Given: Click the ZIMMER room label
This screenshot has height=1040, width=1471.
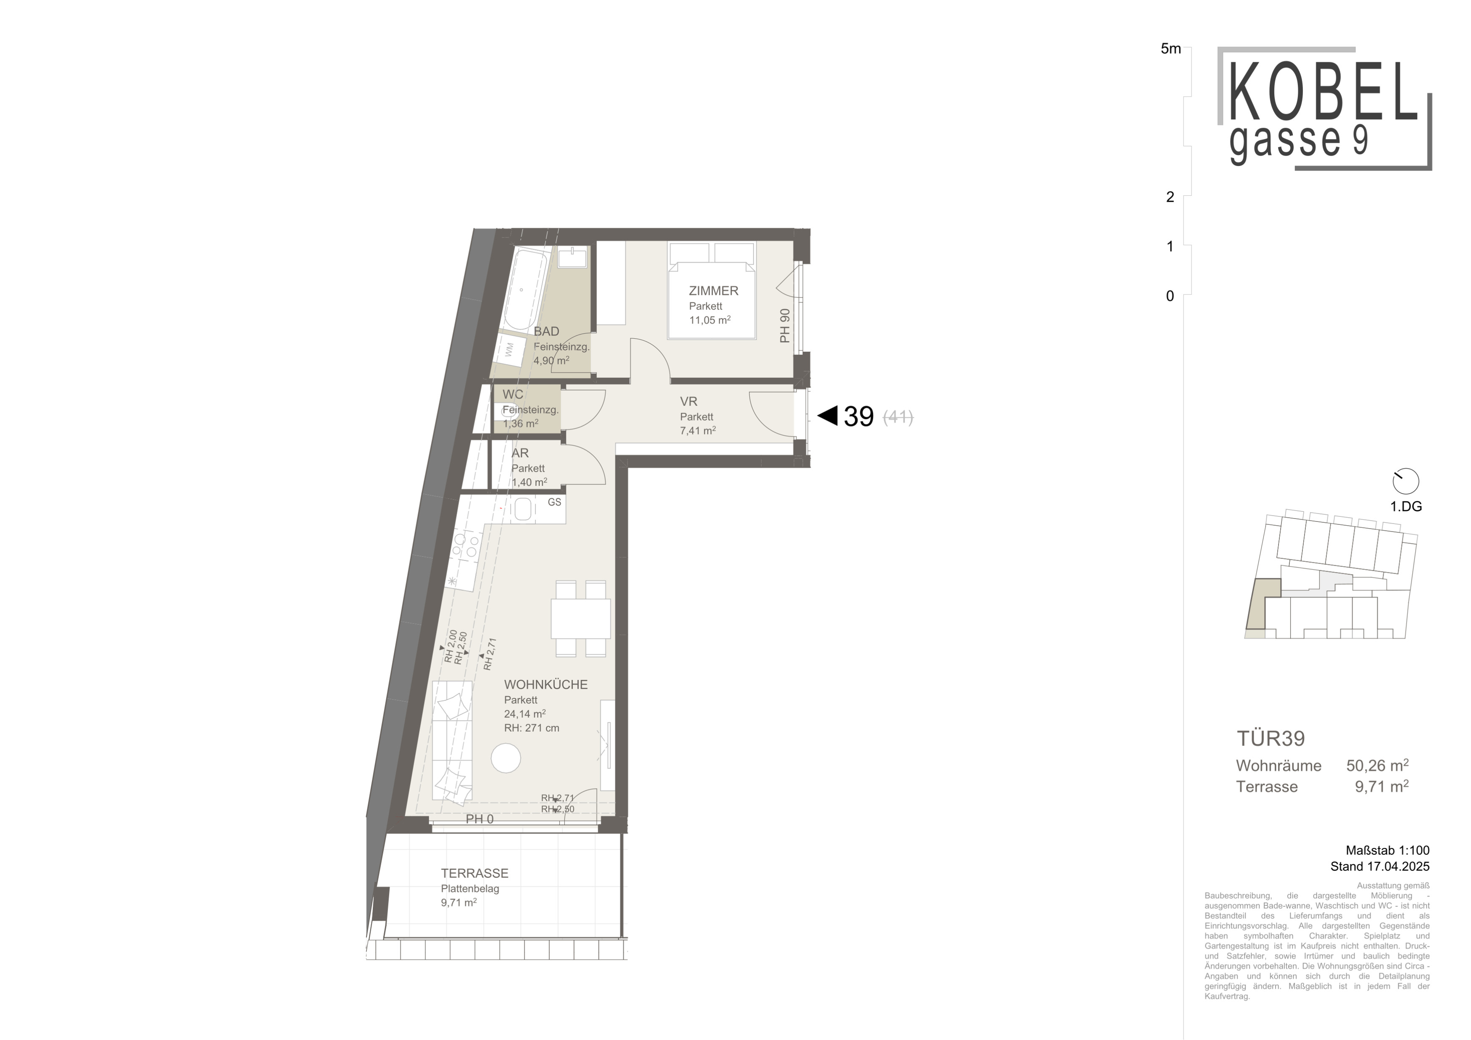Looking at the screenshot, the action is tap(713, 291).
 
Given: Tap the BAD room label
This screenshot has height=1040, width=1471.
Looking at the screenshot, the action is tap(546, 331).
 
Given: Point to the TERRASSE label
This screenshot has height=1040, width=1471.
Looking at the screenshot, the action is tap(474, 874).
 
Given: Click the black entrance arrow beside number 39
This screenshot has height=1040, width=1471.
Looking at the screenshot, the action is tap(828, 416).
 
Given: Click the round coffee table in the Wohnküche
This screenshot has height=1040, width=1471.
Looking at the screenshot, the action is tap(506, 758).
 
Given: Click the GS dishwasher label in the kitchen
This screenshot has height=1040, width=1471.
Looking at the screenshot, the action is tap(554, 502).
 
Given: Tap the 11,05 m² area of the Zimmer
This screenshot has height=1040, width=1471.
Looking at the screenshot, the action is tap(710, 319).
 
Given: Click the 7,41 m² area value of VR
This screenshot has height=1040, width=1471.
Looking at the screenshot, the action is tap(698, 430).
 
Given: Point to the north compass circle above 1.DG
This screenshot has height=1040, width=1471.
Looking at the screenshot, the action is tap(1406, 481).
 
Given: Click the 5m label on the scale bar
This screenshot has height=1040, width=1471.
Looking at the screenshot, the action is tap(1170, 49).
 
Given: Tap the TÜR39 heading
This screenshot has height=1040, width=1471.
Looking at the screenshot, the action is tap(1271, 738).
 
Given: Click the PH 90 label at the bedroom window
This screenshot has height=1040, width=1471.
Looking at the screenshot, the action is tap(785, 326).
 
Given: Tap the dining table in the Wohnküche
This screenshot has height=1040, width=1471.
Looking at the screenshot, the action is tap(580, 619).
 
